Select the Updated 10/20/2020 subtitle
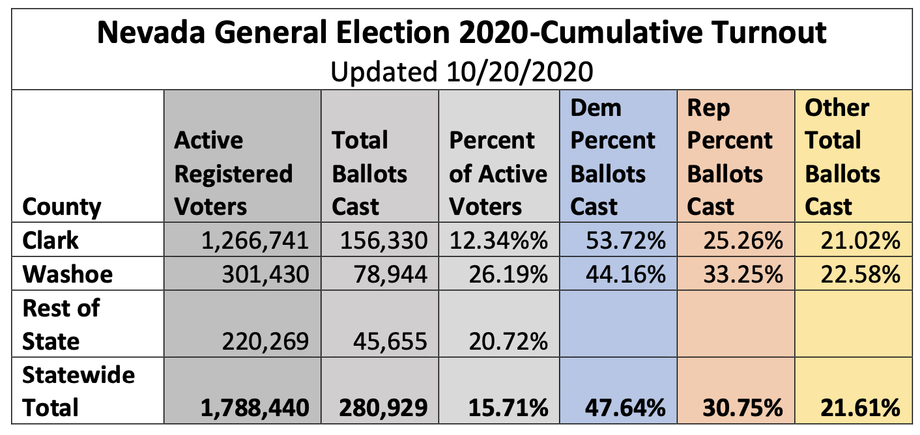461,71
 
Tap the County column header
62,207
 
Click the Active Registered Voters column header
233,174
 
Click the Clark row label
51,241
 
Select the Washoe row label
68,274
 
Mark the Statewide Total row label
79,391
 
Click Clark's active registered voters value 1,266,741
253,242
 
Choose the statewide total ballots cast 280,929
383,408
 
